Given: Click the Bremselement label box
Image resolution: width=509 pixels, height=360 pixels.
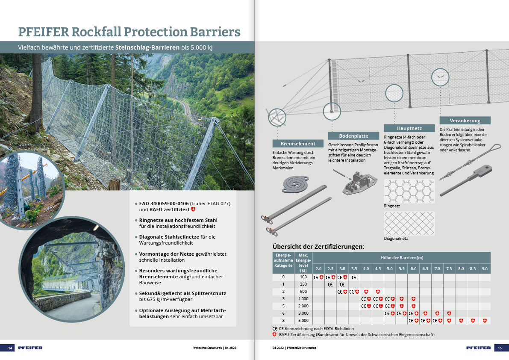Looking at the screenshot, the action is pos(298,144).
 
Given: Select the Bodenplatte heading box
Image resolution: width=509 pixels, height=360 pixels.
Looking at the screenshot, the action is pos(353,136).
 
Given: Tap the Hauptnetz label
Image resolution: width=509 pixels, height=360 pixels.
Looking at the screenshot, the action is pos(409,128).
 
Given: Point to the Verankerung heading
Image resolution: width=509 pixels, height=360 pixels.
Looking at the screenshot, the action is pos(465,121).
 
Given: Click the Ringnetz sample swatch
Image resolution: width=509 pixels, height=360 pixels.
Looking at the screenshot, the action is pos(409,191).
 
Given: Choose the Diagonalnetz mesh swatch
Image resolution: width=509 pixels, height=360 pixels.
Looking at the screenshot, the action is pos(409,223).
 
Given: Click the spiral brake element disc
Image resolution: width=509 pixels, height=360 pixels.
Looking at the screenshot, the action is pos(295,184).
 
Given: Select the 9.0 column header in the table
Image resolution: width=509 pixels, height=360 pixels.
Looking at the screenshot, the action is pos(485,269).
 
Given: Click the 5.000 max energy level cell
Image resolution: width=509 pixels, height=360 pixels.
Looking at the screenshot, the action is pos(303,320).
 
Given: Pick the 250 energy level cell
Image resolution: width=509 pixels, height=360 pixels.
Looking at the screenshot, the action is pos(303,284).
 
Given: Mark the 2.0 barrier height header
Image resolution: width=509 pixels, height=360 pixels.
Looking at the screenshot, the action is pos(318,269).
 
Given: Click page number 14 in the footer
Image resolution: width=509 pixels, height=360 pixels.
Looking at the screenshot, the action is pos(10,348).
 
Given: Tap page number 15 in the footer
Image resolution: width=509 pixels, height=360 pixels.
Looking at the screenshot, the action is pos(500,348).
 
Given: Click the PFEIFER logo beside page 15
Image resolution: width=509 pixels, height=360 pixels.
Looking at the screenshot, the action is pos(479,348).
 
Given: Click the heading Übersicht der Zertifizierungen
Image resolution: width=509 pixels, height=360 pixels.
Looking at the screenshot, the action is pos(318,246).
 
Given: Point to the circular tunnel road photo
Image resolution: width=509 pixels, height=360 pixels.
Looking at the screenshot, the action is pos(71,269).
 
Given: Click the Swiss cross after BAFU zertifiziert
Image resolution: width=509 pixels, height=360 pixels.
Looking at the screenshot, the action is pos(193,210).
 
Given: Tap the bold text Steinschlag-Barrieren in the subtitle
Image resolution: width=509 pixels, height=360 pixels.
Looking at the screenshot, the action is pos(147,47).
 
